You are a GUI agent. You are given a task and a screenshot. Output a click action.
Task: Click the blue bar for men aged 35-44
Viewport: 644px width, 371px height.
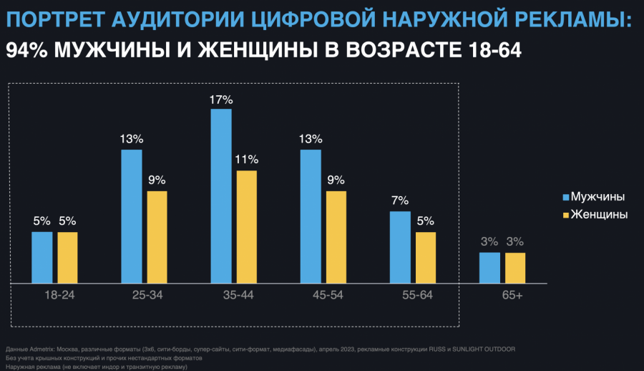221,196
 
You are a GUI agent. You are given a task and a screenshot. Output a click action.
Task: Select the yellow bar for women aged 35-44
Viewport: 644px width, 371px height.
247,227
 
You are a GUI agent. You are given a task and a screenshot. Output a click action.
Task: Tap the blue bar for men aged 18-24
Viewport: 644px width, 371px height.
42,258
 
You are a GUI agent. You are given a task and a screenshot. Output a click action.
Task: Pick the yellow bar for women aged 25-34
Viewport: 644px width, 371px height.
157,237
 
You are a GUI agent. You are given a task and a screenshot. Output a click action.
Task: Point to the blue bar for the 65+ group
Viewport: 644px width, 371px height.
489,268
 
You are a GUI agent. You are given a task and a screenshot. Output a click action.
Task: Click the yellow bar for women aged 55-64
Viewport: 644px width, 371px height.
425,258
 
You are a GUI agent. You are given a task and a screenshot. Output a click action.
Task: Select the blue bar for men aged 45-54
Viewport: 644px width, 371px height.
311,217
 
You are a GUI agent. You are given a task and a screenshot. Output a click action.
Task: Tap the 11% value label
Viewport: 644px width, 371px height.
247,159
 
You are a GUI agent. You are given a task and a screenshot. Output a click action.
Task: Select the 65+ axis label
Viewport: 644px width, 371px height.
512,295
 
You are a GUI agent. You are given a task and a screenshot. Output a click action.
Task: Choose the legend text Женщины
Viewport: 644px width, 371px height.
600,214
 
